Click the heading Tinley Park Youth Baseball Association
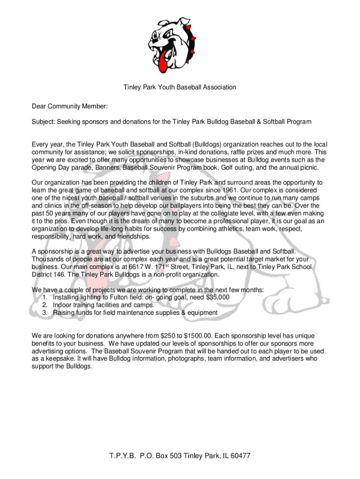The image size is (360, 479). coord(180,87)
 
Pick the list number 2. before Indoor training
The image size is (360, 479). coord(45,305)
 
